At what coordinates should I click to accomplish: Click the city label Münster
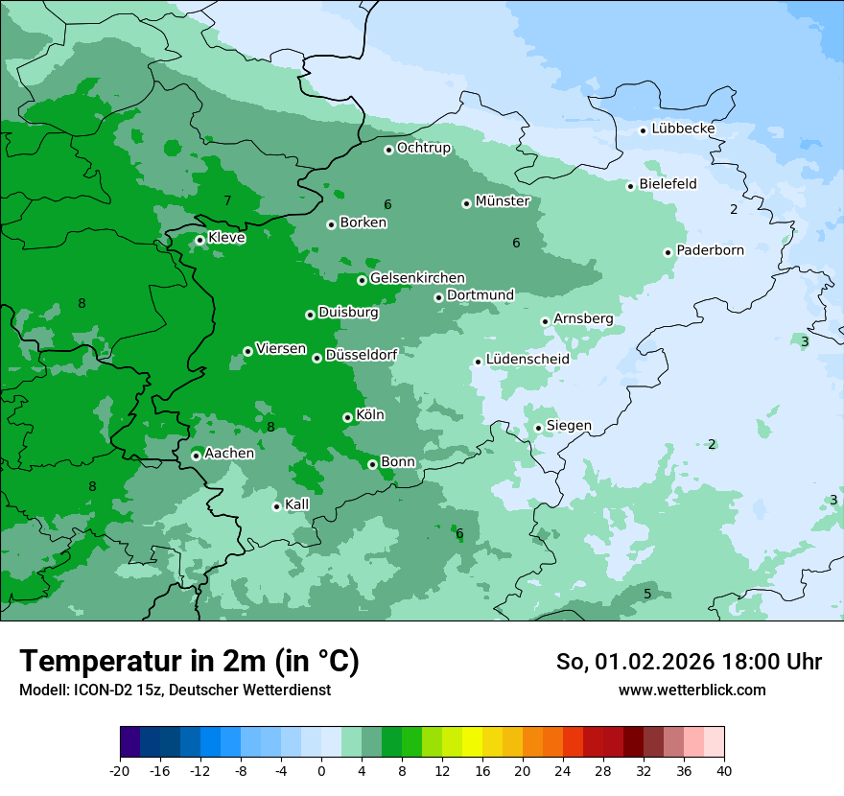pyautogui.click(x=503, y=201)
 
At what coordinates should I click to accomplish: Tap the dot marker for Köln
pyautogui.click(x=347, y=417)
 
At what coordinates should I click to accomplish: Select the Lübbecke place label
pyautogui.click(x=683, y=129)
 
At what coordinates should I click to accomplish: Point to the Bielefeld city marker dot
pyautogui.click(x=631, y=186)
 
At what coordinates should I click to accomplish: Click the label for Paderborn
pyautogui.click(x=710, y=250)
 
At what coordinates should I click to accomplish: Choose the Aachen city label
pyautogui.click(x=229, y=454)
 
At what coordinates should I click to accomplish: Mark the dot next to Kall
pyautogui.click(x=276, y=506)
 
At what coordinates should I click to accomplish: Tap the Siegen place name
pyautogui.click(x=569, y=426)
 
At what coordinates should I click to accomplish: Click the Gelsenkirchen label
pyautogui.click(x=417, y=278)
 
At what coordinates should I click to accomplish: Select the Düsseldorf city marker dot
pyautogui.click(x=316, y=358)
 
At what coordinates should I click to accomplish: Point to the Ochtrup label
pyautogui.click(x=424, y=148)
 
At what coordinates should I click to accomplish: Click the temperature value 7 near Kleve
pyautogui.click(x=227, y=200)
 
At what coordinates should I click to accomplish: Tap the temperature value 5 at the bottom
pyautogui.click(x=647, y=595)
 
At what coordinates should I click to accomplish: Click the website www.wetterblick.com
pyautogui.click(x=692, y=690)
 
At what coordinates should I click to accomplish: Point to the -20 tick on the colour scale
pyautogui.click(x=120, y=770)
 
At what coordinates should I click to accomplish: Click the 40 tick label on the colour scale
pyautogui.click(x=724, y=770)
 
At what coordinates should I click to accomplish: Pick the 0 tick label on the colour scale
pyautogui.click(x=321, y=770)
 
